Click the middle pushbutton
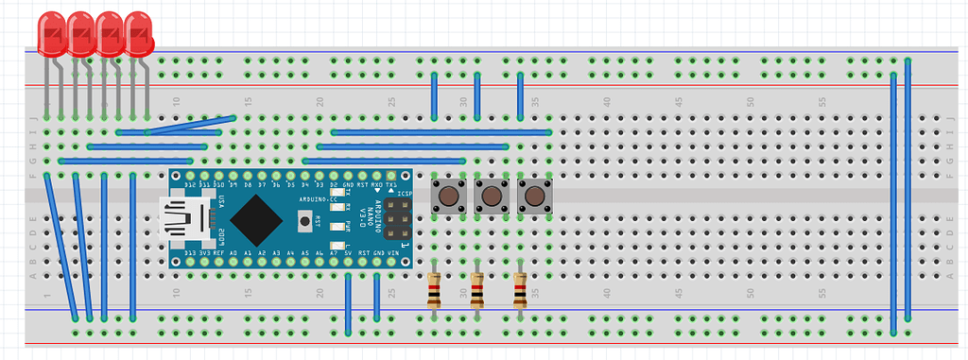click(492, 197)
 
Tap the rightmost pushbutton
click(535, 197)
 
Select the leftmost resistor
click(434, 291)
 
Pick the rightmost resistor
click(520, 291)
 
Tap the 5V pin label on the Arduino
click(348, 254)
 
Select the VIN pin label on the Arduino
click(391, 254)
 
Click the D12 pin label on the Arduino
click(190, 185)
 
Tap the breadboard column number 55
click(822, 102)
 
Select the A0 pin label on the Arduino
click(233, 254)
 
